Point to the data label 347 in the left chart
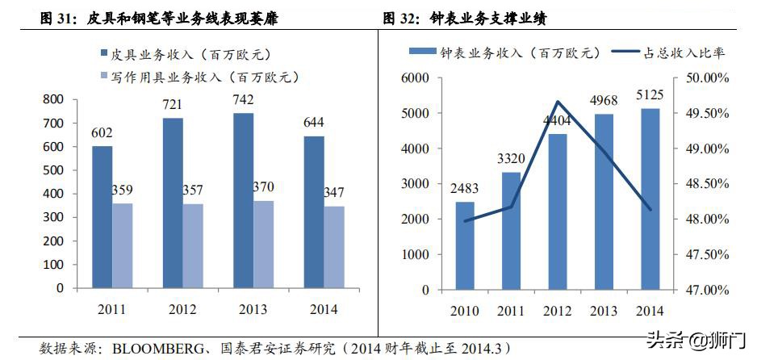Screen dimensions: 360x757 tap(332, 193)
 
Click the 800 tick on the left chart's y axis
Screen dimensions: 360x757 tap(52, 99)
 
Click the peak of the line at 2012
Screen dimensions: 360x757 tap(557, 102)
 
